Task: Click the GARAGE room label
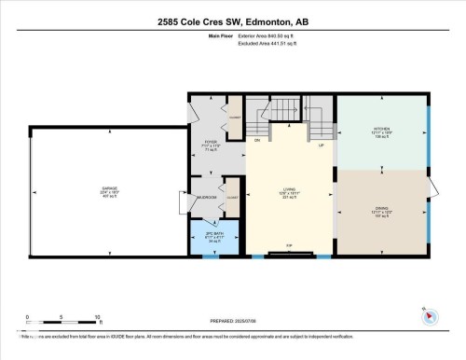pos(109,189)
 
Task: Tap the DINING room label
pos(382,212)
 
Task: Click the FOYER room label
pos(211,145)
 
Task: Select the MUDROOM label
pos(206,198)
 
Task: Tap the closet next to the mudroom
pos(233,199)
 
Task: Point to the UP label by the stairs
pos(322,145)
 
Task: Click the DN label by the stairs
pos(256,140)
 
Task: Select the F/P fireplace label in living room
pos(290,247)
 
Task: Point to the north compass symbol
pos(430,315)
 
